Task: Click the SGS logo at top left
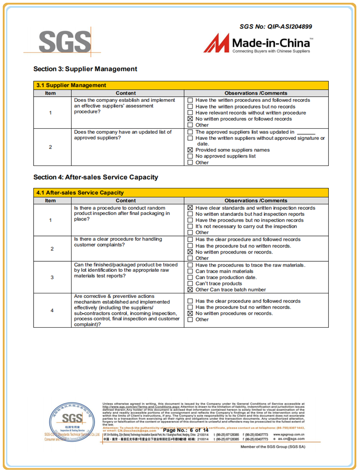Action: (64, 42)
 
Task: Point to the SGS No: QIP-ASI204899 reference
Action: (276, 27)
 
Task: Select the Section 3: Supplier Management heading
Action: (85, 69)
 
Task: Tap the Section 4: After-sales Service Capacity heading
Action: (95, 177)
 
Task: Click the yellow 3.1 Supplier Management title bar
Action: (181, 85)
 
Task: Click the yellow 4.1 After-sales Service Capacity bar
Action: (181, 193)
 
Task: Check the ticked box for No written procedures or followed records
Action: (190, 119)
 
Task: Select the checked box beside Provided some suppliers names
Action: (190, 150)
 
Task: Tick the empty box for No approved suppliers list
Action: (190, 156)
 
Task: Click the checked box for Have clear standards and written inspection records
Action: (190, 208)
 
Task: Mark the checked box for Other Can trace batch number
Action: (190, 290)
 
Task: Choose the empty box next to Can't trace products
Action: (190, 284)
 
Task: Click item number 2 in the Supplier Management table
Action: (50, 147)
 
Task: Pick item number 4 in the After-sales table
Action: (52, 310)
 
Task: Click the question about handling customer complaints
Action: (118, 242)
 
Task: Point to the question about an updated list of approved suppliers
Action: (123, 135)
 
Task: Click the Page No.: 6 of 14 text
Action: (186, 430)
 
